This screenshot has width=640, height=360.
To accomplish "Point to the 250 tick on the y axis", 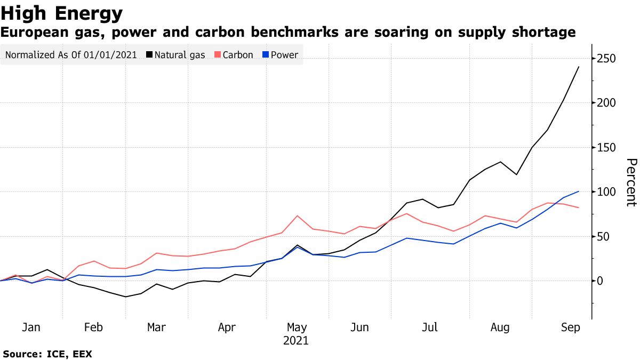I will (606, 58).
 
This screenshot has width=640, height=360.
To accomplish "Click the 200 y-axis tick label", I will (606, 103).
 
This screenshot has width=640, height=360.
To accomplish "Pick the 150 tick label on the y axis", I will (606, 147).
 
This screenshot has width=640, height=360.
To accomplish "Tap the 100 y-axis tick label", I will (606, 192).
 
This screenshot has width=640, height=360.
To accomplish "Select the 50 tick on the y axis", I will (604, 236).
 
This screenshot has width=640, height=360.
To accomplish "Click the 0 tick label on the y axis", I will (601, 281).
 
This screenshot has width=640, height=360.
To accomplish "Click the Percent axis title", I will (630, 182).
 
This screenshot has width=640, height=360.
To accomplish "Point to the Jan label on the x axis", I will (31, 327).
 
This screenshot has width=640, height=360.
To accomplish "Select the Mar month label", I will (156, 327).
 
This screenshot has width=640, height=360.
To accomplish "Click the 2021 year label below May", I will (297, 340).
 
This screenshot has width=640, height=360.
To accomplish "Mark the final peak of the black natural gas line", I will (579, 67).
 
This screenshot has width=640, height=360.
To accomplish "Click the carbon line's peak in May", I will (297, 215).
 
